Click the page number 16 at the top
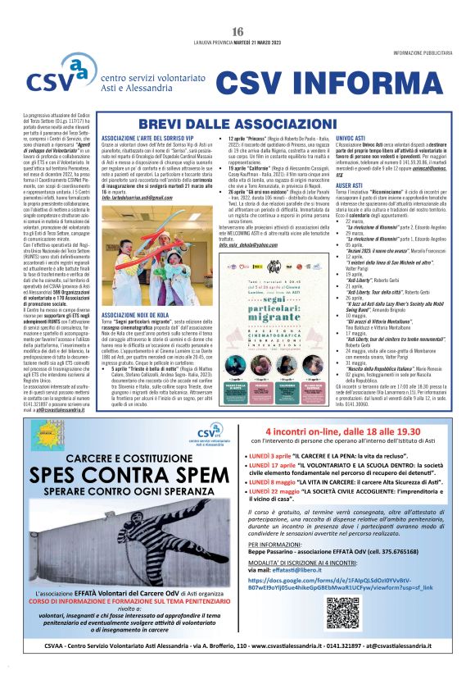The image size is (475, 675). pyautogui.click(x=237, y=31)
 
